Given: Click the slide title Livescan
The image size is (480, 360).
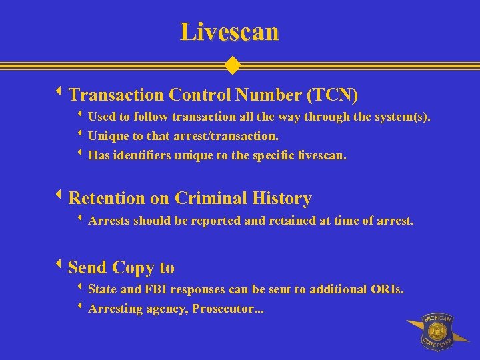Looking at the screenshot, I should click(229, 31).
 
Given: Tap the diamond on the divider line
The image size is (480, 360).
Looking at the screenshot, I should click(232, 65).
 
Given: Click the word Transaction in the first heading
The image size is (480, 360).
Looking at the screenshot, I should click(116, 95).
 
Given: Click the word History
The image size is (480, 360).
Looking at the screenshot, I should click(282, 198).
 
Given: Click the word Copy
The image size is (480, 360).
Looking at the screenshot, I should click(133, 268).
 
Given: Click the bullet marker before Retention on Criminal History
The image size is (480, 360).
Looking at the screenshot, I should click(61, 197).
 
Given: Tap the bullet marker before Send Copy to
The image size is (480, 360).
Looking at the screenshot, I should click(61, 267).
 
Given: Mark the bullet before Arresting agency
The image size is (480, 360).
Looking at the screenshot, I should click(80, 307).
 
